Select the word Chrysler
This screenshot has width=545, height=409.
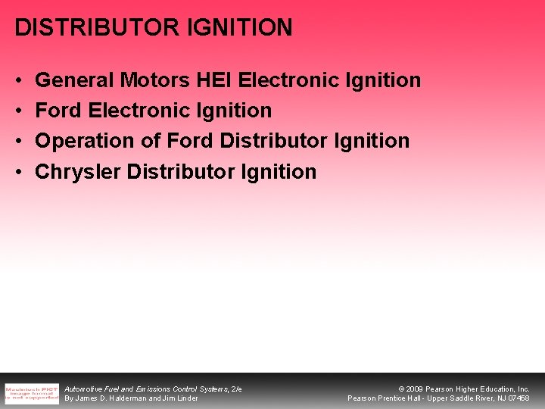(x=78, y=172)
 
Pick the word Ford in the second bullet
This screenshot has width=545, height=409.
(x=58, y=111)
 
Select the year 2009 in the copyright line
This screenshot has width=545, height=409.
(x=416, y=389)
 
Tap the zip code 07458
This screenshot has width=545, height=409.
(x=519, y=398)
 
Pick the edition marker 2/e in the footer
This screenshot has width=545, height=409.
(x=236, y=389)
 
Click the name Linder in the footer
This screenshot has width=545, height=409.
(x=186, y=398)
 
